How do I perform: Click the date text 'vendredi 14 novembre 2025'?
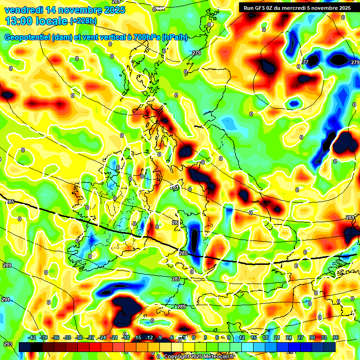point(65,9)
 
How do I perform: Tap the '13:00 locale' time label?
point(37,21)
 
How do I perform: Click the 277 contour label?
point(305,62)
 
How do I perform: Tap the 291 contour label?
point(6,299)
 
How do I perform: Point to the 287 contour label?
point(176,279)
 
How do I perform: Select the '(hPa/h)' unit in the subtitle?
point(174,37)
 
